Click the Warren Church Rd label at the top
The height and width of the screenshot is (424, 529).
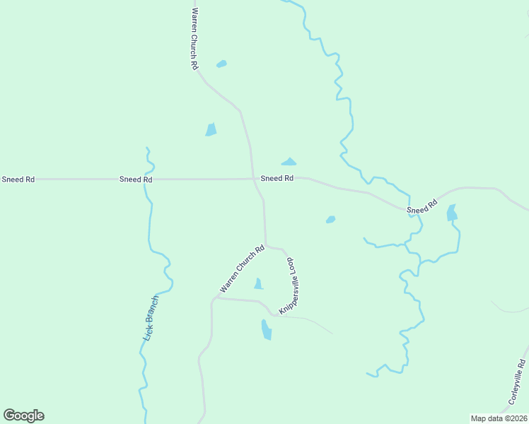click(x=194, y=38)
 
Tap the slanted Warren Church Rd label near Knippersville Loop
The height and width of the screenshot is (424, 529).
click(x=242, y=269)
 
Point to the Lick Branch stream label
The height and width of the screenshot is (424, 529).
click(x=151, y=319)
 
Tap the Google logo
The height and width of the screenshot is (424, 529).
click(x=23, y=416)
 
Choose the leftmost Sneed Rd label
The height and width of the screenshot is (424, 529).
click(x=18, y=179)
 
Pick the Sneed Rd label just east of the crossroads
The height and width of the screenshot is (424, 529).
click(x=277, y=179)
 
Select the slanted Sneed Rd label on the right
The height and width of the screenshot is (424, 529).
click(x=422, y=207)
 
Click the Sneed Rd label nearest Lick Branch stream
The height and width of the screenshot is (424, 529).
click(x=136, y=179)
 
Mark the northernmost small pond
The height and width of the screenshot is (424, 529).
click(x=221, y=64)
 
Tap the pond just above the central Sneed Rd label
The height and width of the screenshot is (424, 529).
click(x=289, y=162)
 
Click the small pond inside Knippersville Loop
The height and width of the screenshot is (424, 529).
click(x=258, y=284)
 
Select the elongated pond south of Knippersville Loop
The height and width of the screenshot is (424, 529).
click(x=267, y=329)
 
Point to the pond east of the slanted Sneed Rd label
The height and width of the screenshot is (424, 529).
click(x=452, y=213)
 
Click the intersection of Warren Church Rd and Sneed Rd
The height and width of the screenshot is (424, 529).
click(x=252, y=179)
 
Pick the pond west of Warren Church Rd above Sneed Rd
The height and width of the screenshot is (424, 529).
click(x=211, y=129)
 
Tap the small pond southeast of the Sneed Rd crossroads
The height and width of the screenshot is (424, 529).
click(x=330, y=220)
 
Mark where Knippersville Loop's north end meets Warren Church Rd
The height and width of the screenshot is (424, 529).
click(x=266, y=245)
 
